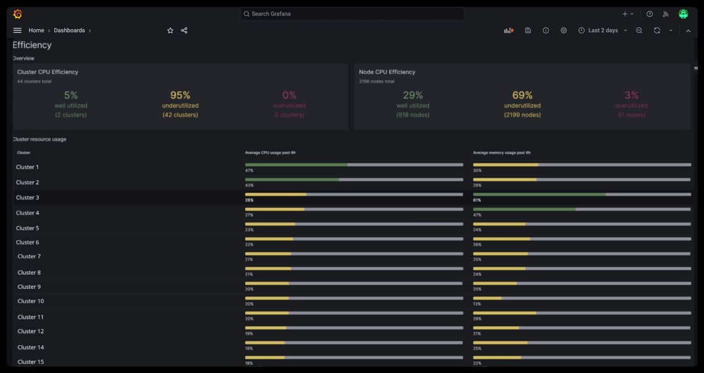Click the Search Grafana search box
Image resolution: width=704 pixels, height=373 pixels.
pos(351,14)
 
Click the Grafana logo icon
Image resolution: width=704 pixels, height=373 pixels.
pos(17,14)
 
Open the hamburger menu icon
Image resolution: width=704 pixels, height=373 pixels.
pos(17,30)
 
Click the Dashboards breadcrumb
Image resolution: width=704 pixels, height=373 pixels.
pos(69,30)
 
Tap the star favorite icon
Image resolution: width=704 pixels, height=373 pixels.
pos(170,30)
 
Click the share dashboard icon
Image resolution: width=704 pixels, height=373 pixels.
pos(184,30)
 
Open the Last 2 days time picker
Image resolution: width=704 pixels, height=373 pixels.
pos(603,30)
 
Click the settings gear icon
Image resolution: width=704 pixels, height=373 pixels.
pos(563,30)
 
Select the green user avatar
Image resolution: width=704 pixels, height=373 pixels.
pos(683,14)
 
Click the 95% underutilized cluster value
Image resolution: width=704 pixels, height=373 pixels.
pos(180,95)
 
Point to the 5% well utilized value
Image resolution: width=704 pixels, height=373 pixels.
pos(71,95)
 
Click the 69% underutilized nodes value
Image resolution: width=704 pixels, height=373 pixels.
pos(522,95)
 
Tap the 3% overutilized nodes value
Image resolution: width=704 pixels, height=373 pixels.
pos(631,95)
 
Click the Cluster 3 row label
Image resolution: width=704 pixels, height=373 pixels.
pos(28,198)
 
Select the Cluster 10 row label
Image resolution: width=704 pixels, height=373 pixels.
pos(31,301)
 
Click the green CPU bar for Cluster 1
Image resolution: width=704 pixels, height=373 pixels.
pos(296,165)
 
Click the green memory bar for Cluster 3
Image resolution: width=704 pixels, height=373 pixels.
pos(539,195)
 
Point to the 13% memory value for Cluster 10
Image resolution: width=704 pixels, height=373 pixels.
pos(477,304)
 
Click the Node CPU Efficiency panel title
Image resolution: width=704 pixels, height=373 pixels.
pos(387,72)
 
